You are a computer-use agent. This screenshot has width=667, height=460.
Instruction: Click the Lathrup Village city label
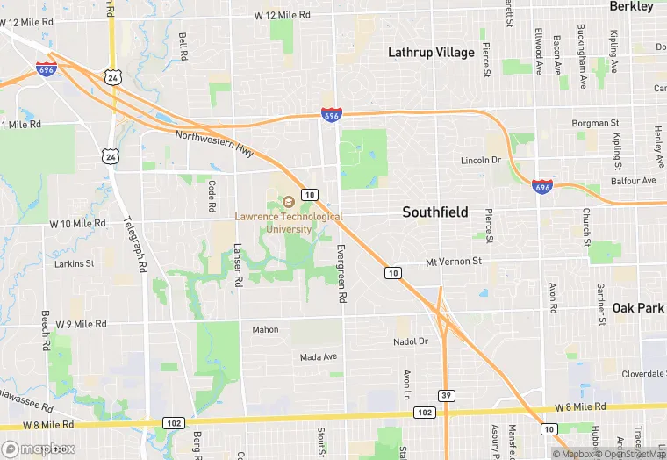point(431,53)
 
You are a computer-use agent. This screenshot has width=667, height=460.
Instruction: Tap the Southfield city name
point(435,212)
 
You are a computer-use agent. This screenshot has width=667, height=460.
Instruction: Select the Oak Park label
point(638,308)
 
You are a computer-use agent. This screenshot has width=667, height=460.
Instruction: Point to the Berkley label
point(632,7)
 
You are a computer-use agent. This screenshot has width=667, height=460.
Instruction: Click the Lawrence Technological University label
point(289,222)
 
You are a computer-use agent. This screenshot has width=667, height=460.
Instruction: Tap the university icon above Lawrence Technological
point(288,202)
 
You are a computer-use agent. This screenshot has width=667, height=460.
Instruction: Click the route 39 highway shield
point(447,395)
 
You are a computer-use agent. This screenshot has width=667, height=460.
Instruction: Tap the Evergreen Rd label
point(340,274)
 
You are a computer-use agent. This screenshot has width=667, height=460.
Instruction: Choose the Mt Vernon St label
point(454,262)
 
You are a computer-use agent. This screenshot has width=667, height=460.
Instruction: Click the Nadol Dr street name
point(410,341)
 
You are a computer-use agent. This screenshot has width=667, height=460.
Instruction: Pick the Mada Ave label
point(319,357)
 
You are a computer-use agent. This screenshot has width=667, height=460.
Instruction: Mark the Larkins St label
point(74,263)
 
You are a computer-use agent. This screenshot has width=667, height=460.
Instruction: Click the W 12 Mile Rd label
point(283,15)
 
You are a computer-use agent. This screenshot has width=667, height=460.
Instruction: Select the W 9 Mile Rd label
point(81,324)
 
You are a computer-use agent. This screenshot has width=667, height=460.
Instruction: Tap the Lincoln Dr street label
point(481,161)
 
